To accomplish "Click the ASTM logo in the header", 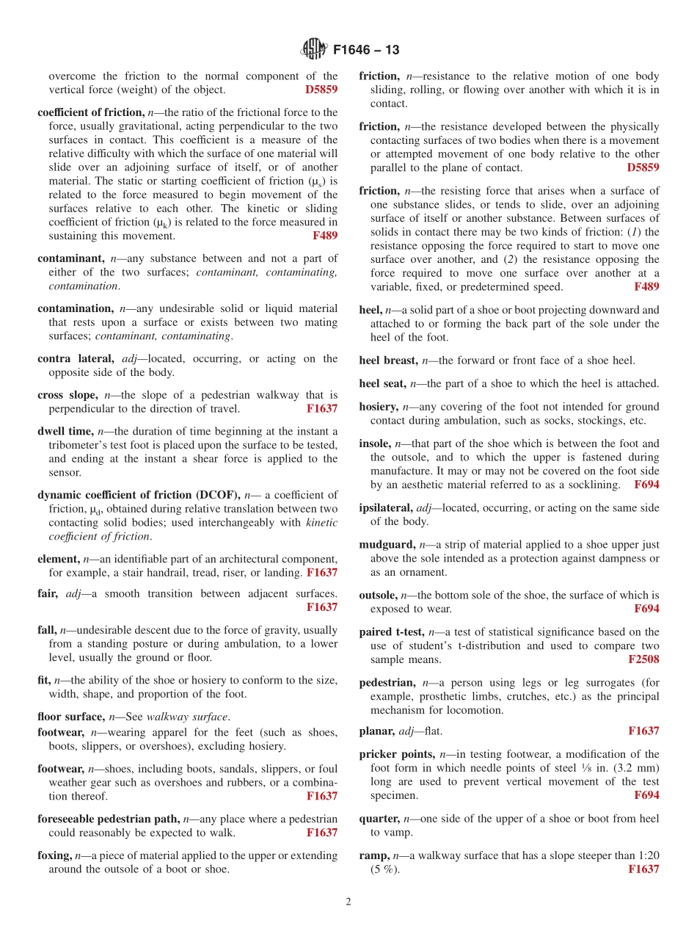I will pyautogui.click(x=313, y=50).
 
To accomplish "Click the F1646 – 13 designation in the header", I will pyautogui.click(x=366, y=51).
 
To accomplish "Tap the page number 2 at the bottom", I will pyautogui.click(x=348, y=902).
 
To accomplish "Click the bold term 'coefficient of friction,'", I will pyautogui.click(x=91, y=112).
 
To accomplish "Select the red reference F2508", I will pyautogui.click(x=643, y=660).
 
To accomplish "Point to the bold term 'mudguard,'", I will pyautogui.click(x=387, y=545).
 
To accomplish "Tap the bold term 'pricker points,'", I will pyautogui.click(x=396, y=755).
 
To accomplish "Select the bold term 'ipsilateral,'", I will pyautogui.click(x=386, y=508).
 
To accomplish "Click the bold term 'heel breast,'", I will pyautogui.click(x=389, y=361).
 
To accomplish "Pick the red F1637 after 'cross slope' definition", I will pyautogui.click(x=322, y=409).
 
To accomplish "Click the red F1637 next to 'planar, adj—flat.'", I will pyautogui.click(x=643, y=731).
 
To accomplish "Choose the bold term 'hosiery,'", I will pyautogui.click(x=379, y=407).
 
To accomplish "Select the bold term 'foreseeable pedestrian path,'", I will pyautogui.click(x=108, y=819).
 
